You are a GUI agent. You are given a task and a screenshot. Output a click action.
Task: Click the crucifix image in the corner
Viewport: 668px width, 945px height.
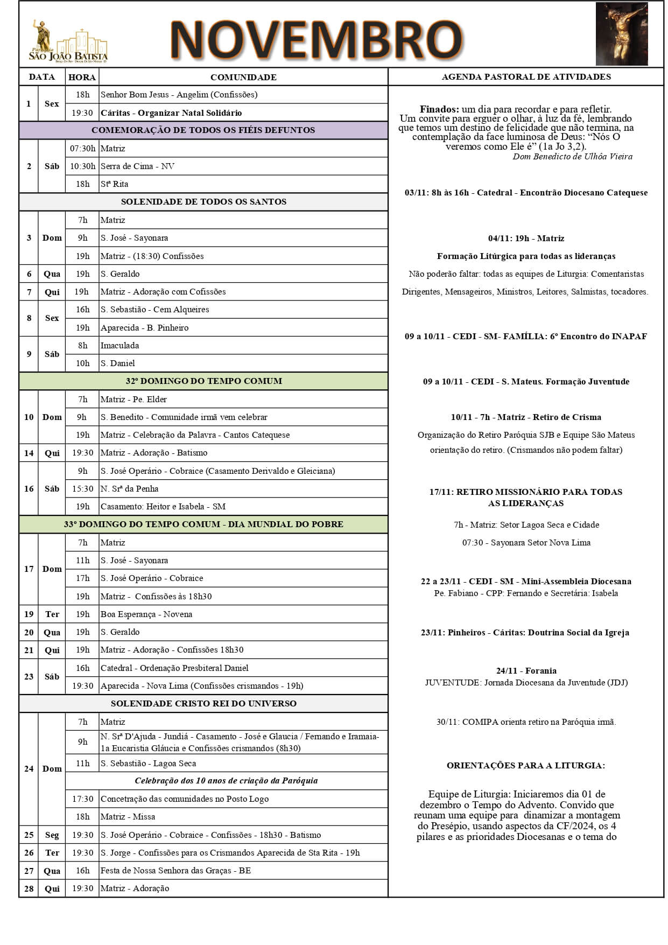coord(621,34)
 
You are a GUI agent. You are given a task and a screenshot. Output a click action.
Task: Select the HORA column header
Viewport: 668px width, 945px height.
coord(82,77)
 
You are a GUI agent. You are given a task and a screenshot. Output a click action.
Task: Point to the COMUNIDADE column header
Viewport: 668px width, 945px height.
coord(243,77)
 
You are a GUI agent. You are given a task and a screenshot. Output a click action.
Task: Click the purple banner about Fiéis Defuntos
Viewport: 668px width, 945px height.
coord(203,130)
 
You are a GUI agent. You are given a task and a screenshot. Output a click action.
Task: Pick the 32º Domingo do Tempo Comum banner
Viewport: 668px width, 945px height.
coord(203,381)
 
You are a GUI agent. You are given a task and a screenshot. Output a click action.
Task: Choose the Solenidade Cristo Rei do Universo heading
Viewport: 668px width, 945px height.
coord(203,704)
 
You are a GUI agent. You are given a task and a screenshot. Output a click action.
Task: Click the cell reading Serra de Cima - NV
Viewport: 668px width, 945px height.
coord(138,166)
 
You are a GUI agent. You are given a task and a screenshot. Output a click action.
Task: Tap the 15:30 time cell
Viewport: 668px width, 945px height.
coord(82,489)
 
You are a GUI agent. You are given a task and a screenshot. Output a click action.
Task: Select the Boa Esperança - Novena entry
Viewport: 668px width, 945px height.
coord(146,614)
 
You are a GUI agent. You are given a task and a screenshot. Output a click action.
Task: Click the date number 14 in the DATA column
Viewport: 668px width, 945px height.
coord(29,453)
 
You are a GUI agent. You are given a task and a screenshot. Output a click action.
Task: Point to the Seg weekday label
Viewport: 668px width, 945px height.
coord(52,835)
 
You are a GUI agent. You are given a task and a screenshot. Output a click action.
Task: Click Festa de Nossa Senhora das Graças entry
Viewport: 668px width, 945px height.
coord(175,871)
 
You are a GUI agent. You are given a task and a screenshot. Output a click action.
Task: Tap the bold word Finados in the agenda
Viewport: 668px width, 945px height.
coord(439,109)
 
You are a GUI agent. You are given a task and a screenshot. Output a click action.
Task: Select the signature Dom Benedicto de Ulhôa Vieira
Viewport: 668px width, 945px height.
coord(572,157)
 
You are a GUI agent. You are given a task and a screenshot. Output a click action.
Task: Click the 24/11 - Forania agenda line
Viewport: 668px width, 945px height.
coord(526,671)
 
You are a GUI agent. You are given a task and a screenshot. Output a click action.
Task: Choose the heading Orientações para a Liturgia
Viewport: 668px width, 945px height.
coord(525,766)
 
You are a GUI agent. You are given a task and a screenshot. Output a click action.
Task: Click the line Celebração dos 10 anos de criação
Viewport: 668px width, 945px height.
coord(226,781)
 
